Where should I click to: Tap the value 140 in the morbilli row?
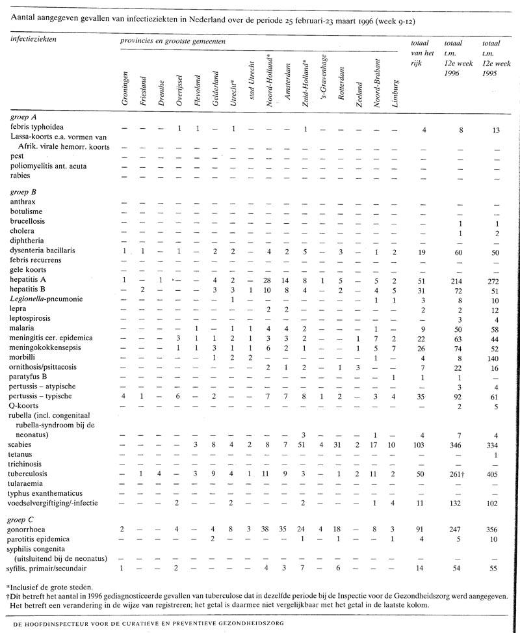495,358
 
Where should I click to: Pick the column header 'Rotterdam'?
341,83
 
